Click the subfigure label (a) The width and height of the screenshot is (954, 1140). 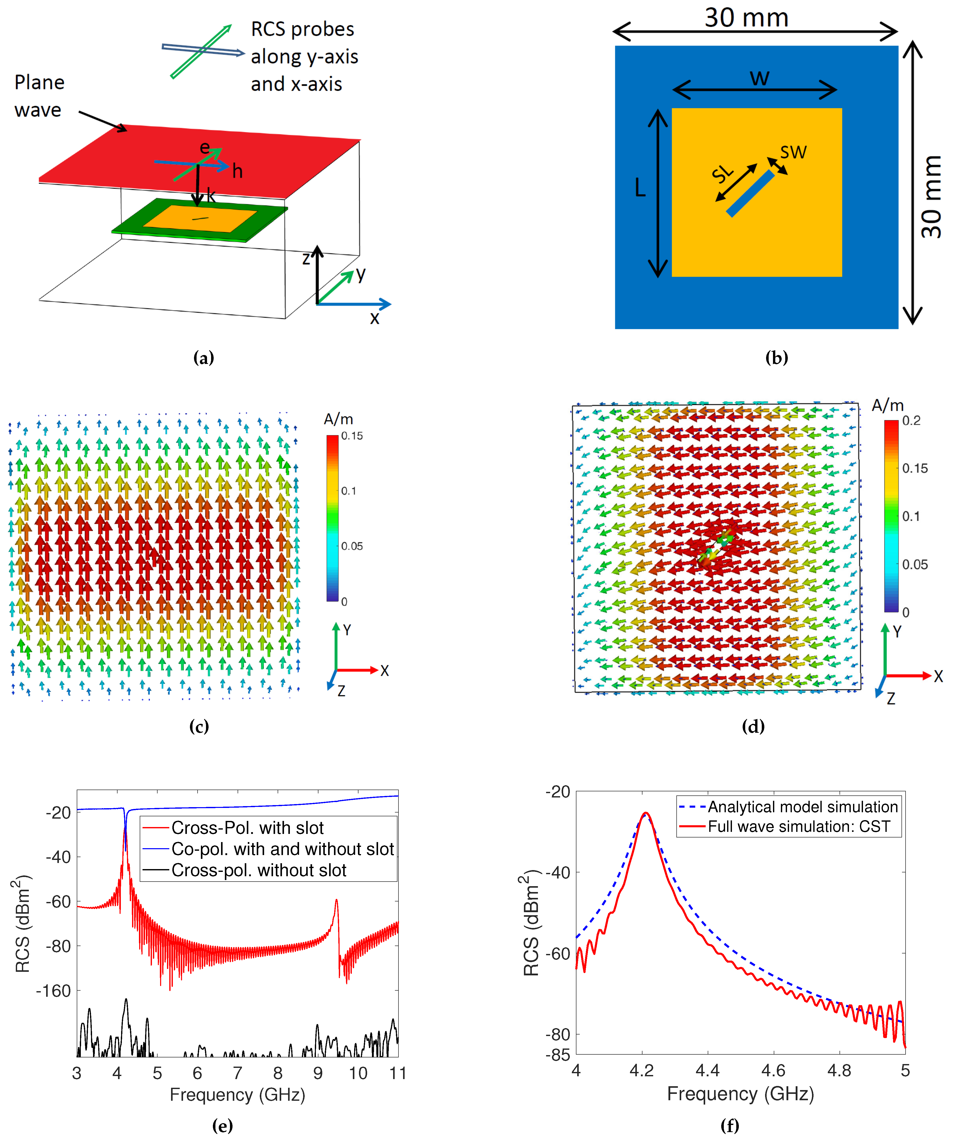204,358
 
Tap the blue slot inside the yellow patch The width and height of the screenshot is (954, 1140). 750,194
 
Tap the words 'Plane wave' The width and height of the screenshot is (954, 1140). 39,96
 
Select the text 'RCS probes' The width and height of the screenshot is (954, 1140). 302,29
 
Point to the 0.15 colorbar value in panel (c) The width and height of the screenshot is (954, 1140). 352,436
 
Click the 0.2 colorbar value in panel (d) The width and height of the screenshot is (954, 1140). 912,421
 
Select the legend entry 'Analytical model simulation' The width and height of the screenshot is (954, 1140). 803,807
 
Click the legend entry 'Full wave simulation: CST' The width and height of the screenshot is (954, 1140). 799,826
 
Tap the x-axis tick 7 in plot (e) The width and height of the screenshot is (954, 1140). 237,1073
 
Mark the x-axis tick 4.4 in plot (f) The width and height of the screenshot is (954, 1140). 707,1070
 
